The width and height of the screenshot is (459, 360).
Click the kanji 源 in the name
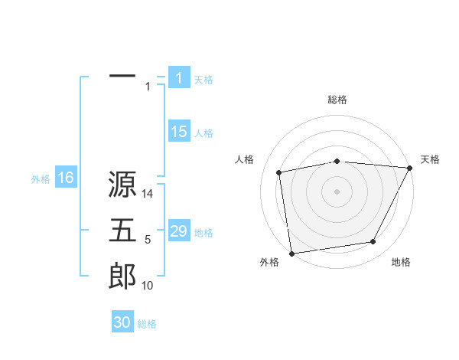pyautogui.click(x=122, y=184)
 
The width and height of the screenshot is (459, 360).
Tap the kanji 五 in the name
pyautogui.click(x=122, y=231)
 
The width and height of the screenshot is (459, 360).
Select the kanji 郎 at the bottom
pyautogui.click(x=122, y=276)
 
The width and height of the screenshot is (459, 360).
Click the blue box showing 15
pyautogui.click(x=179, y=132)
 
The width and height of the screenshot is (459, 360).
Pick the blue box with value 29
pyautogui.click(x=179, y=231)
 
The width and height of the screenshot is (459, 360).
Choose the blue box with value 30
pyautogui.click(x=122, y=322)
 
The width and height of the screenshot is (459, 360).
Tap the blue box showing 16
pyautogui.click(x=65, y=178)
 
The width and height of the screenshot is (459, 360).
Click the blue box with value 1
pyautogui.click(x=179, y=77)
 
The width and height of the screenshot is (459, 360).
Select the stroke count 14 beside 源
pyautogui.click(x=148, y=195)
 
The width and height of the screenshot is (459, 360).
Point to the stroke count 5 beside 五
pyautogui.click(x=148, y=241)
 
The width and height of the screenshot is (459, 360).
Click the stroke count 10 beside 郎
pyautogui.click(x=148, y=286)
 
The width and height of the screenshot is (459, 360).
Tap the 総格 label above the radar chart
pyautogui.click(x=337, y=100)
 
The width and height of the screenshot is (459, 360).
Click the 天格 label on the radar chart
pyautogui.click(x=430, y=159)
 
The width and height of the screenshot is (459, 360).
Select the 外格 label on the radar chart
pyautogui.click(x=269, y=262)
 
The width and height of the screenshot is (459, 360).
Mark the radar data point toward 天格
pyautogui.click(x=409, y=168)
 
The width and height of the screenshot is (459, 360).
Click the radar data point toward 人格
pyautogui.click(x=280, y=172)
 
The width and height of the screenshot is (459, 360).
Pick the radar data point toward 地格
pyautogui.click(x=373, y=242)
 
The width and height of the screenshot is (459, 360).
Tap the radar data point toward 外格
pyautogui.click(x=291, y=253)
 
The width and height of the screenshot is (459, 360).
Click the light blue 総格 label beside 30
pyautogui.click(x=147, y=324)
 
